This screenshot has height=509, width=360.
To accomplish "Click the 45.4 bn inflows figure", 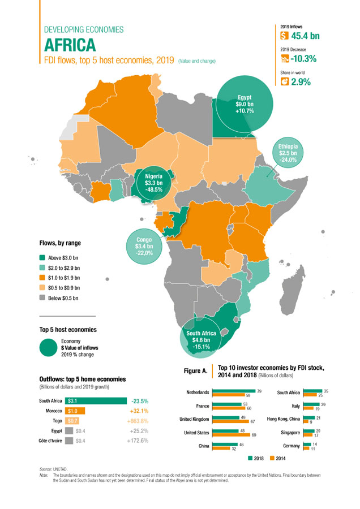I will click(x=305, y=36).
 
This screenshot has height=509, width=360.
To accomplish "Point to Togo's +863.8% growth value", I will click(x=136, y=420).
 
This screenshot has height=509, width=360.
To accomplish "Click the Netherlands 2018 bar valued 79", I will click(x=234, y=390).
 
